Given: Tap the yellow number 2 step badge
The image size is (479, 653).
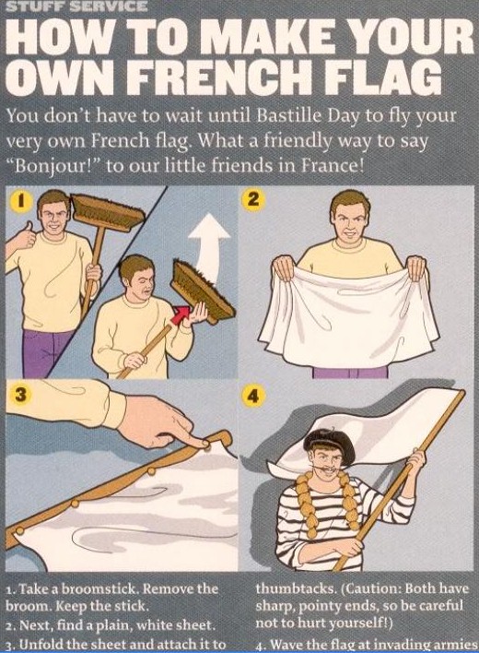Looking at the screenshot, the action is click(252, 199).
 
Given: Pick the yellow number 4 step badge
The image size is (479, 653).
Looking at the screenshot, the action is click(252, 396).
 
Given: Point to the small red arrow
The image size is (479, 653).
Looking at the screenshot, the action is click(181, 315).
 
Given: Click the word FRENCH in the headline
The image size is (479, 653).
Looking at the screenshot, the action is click(216, 77).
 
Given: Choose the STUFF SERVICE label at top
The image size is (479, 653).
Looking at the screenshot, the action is click(76, 6).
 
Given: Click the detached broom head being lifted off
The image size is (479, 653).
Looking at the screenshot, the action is click(202, 292).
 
